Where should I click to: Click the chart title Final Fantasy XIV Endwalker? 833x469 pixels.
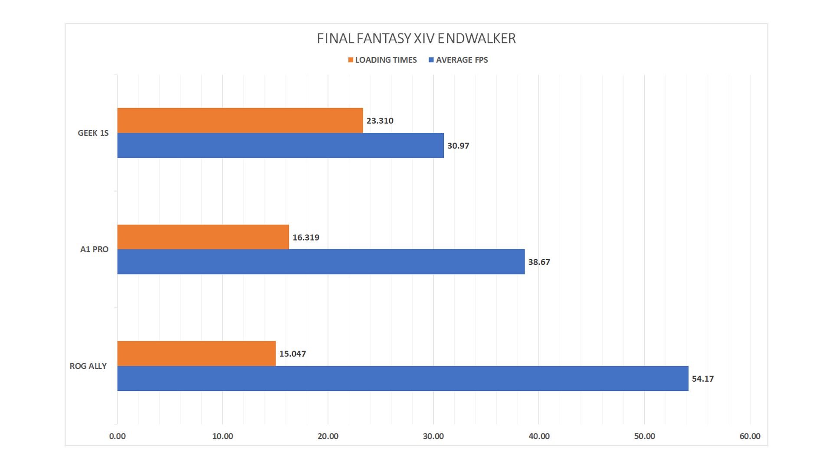(416, 39)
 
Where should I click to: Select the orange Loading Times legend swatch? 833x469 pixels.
(351, 60)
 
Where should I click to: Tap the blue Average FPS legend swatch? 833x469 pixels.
(431, 60)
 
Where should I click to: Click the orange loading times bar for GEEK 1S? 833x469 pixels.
(240, 120)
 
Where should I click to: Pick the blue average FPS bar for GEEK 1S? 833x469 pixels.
(280, 145)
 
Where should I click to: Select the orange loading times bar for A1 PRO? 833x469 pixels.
(203, 237)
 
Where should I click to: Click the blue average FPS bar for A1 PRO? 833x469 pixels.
(321, 262)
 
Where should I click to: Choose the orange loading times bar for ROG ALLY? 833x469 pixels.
(196, 353)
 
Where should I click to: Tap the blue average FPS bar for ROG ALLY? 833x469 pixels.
(403, 379)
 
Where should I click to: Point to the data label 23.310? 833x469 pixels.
(380, 121)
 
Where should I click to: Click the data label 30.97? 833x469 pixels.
(458, 146)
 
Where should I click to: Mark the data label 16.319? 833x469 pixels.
(306, 238)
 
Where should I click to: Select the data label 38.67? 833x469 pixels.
(539, 262)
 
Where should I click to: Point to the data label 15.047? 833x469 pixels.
(292, 354)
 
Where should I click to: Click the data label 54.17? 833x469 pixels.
(702, 379)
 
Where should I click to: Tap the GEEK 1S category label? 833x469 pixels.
(93, 133)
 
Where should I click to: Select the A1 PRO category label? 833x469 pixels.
(94, 250)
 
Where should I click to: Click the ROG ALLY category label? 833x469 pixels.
(88, 366)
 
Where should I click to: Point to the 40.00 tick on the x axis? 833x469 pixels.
(539, 436)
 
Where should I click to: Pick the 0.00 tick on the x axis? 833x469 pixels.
(117, 436)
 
